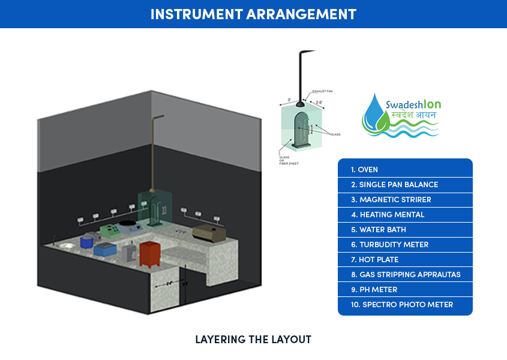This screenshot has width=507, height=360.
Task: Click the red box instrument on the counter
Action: click(x=148, y=253)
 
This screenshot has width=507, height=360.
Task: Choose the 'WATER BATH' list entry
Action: click(x=382, y=230)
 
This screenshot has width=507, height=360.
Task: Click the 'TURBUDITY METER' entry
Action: click(x=394, y=245)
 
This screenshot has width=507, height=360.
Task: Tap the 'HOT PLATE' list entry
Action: click(x=379, y=260)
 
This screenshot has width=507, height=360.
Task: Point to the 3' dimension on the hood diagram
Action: click(x=289, y=100)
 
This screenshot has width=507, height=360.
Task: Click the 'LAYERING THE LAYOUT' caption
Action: click(x=253, y=340)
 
